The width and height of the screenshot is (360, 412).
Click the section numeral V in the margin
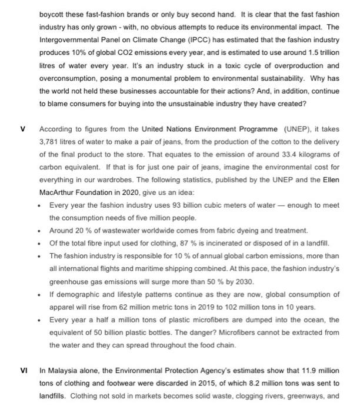pos(24,128)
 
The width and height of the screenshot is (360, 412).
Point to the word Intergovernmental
pos(70,39)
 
